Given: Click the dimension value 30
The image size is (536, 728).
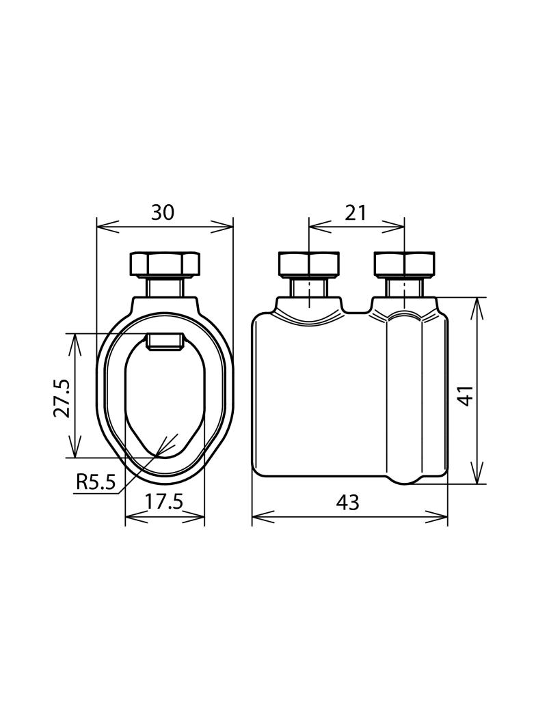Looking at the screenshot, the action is (x=163, y=212).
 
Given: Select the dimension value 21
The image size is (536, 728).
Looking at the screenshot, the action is (x=356, y=212).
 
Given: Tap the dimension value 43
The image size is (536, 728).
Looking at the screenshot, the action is (x=348, y=502).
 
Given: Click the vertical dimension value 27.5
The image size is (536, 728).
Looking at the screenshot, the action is (x=62, y=398).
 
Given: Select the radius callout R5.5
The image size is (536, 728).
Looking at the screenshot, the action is (x=95, y=482).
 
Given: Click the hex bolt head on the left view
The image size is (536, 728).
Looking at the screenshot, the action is (x=165, y=264).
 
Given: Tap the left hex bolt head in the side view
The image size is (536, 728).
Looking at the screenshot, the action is (x=308, y=264).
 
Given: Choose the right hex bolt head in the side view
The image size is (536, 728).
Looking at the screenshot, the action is (x=405, y=264).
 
